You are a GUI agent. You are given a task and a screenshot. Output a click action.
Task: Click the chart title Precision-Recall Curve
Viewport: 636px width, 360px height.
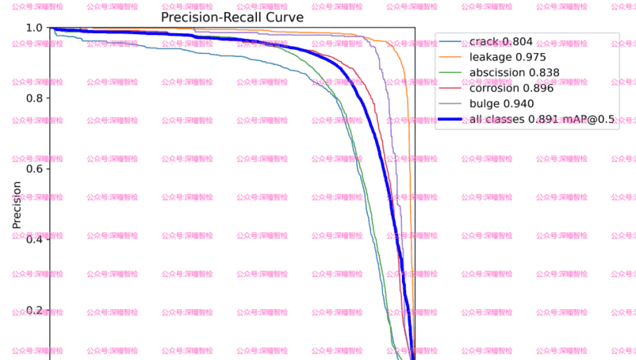pos(232,17)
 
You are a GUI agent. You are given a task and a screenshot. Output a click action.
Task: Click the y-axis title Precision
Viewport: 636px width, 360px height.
pos(17,205)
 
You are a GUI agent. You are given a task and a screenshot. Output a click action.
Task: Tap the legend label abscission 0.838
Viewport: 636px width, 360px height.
pos(514,73)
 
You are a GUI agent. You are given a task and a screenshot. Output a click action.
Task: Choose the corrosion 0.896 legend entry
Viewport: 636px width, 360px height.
pos(511,88)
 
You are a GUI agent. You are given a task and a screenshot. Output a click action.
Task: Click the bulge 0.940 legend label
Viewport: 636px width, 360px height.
pos(501,104)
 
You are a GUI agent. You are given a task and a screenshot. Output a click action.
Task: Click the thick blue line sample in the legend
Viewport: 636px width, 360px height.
pos(451,120)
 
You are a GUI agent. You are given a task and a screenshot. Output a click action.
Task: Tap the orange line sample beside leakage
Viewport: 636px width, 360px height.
pos(451,58)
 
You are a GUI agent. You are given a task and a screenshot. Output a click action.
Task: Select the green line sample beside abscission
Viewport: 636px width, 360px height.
pos(451,73)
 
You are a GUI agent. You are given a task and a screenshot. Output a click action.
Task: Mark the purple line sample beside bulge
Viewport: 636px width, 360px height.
pos(451,104)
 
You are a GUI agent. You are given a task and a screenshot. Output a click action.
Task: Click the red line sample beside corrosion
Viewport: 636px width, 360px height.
pos(451,89)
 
